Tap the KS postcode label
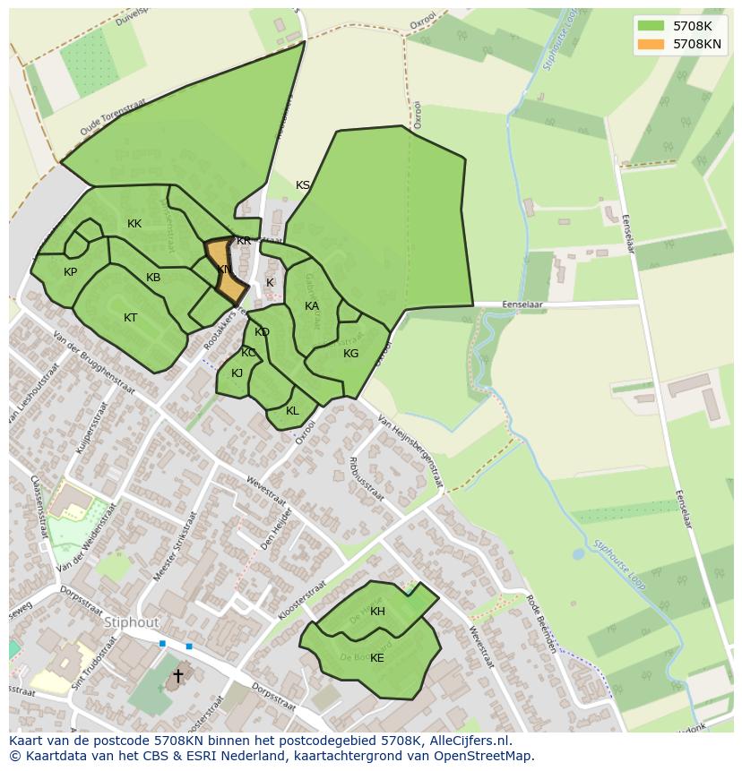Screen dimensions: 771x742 [x=303, y=185]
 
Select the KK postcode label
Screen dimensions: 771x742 [x=134, y=224]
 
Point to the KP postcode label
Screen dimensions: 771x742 [x=70, y=272]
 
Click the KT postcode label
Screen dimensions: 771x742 [x=131, y=318]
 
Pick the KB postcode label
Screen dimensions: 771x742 [x=153, y=278]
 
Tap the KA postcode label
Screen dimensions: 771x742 [x=312, y=306]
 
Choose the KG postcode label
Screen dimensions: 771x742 [x=350, y=354]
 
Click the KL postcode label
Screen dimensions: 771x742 [x=292, y=411]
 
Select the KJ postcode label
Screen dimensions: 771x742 [x=237, y=373]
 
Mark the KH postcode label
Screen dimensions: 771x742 [x=377, y=612]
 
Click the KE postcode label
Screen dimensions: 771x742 [x=377, y=658]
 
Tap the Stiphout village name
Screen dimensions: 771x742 [x=131, y=621]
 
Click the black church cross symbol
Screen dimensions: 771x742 [x=177, y=675]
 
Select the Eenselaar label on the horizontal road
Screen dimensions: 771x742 [x=523, y=304]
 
